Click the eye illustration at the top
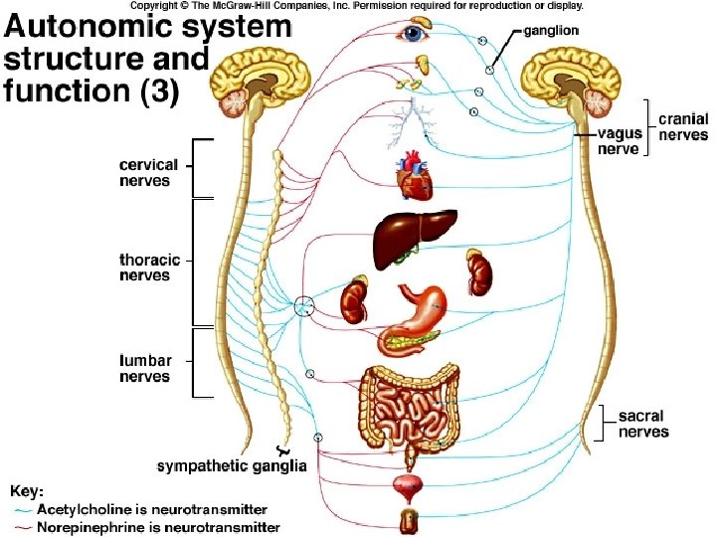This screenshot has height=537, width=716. click(411, 35)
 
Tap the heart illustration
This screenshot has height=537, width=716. click(411, 176)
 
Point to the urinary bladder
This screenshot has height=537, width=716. click(408, 487)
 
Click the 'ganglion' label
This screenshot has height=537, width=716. click(552, 31)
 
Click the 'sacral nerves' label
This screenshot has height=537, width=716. click(643, 424)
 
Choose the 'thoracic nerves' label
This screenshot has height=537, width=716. click(150, 268)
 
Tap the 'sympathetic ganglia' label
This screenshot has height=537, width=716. click(232, 465)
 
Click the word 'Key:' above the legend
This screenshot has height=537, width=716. click(26, 490)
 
